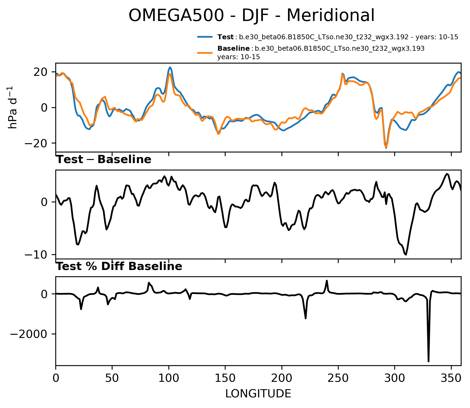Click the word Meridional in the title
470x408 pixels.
tap(330, 16)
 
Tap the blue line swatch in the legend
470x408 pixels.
tap(205, 37)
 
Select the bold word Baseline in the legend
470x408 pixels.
tap(234, 49)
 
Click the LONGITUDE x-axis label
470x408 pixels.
tap(258, 394)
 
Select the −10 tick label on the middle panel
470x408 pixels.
tap(38, 254)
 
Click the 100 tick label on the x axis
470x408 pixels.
tap(169, 378)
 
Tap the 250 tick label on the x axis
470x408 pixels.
tap(338, 378)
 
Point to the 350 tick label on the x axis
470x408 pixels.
tap(451, 378)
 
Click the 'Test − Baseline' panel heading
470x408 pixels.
tap(104, 160)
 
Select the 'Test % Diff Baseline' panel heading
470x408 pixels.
tap(119, 266)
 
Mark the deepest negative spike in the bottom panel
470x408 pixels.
tap(429, 361)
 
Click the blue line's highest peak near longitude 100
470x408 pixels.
tap(170, 67)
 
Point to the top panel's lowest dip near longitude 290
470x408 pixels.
tap(386, 148)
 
